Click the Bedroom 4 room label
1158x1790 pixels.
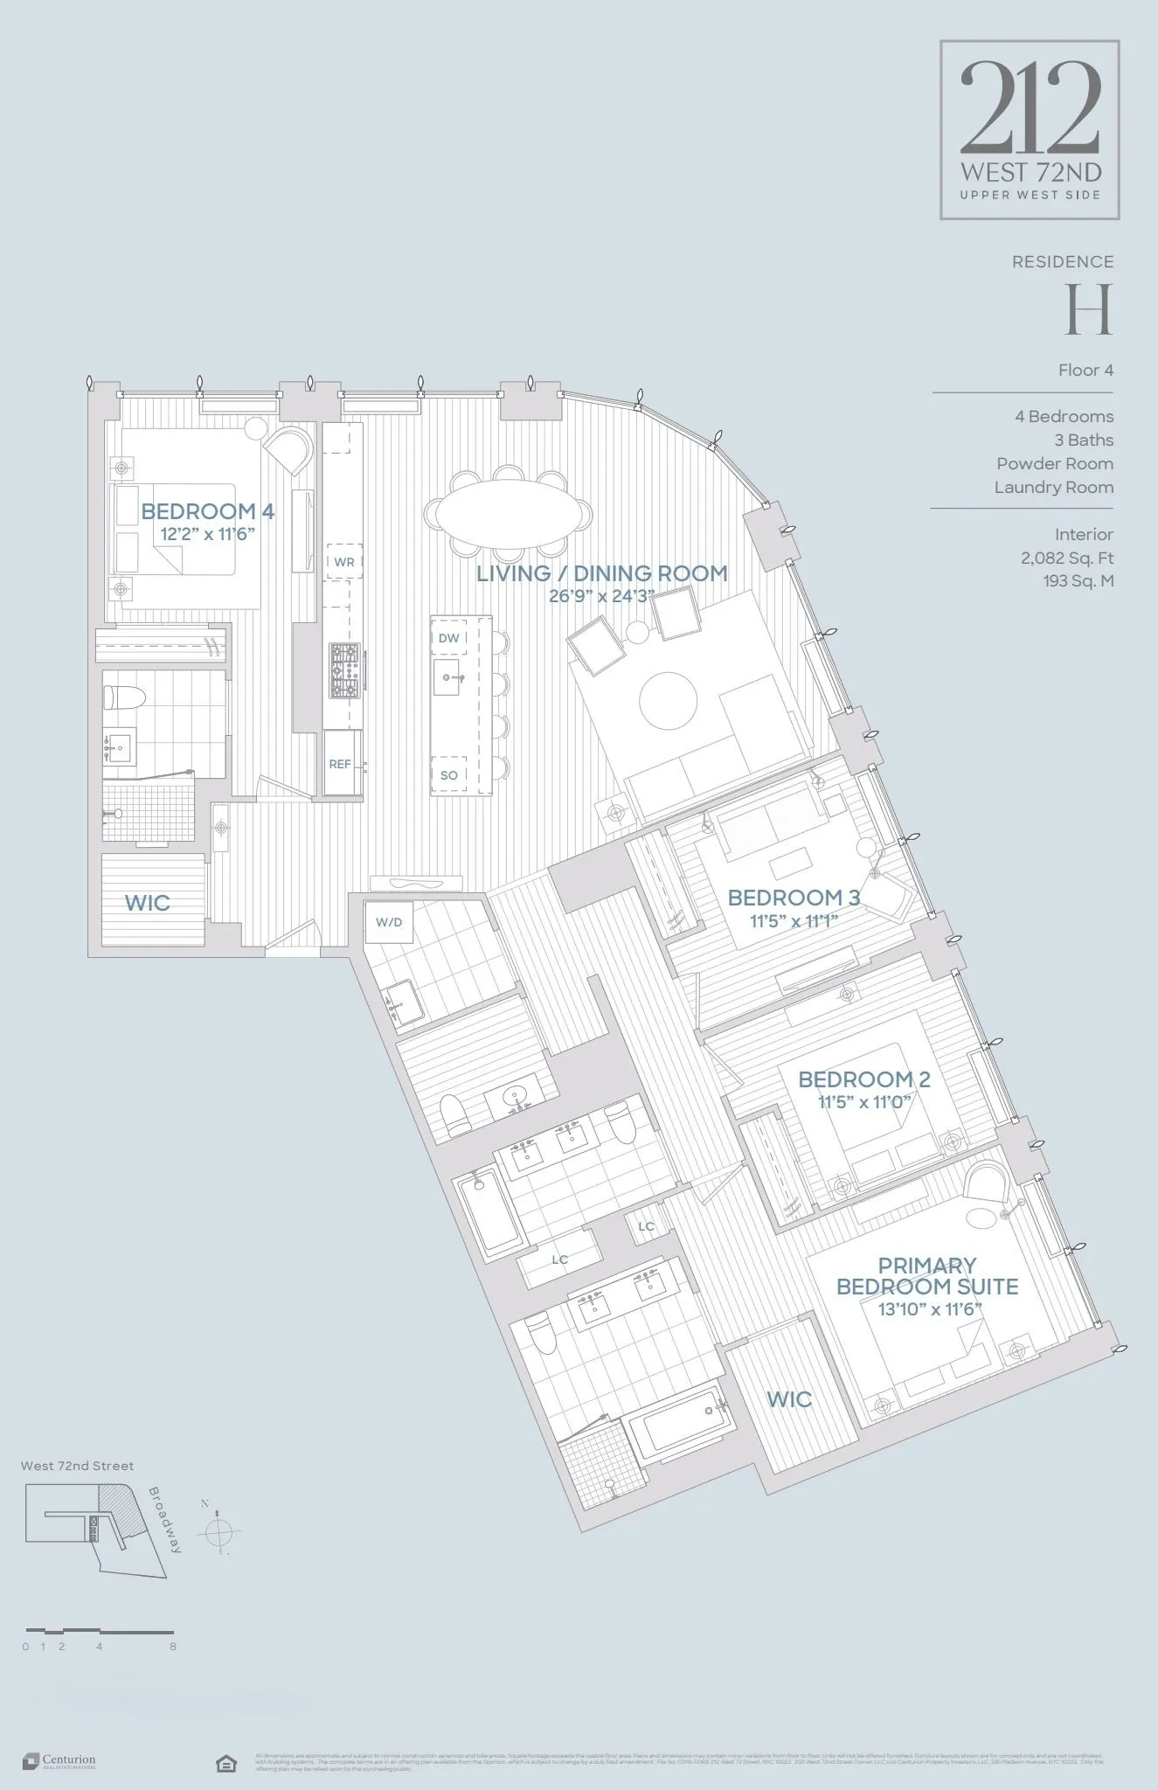208,511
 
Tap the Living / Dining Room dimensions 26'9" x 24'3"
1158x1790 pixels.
601,596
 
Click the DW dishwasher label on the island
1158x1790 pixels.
448,638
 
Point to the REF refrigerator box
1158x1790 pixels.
340,764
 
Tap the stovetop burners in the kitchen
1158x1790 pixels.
343,670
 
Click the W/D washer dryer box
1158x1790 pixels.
389,922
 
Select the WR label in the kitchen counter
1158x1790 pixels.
344,562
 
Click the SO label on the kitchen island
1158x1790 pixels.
448,775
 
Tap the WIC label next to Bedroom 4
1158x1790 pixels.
147,903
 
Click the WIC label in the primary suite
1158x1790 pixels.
789,1399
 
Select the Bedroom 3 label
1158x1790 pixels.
794,898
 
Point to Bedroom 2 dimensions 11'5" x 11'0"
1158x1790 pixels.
864,1102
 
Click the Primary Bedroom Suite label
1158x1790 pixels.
927,1276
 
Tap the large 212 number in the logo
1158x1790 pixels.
1030,107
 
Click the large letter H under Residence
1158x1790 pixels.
1088,309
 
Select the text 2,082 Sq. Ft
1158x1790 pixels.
1066,558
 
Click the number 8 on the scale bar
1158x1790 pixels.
173,1647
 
